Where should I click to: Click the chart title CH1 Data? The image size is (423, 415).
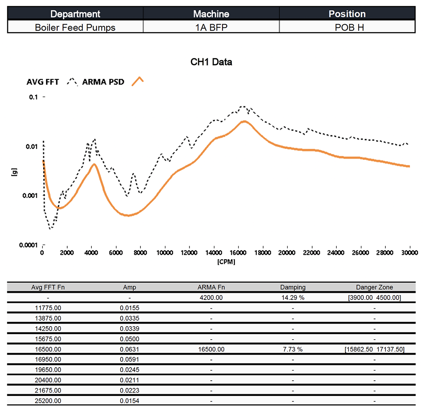click(x=211, y=62)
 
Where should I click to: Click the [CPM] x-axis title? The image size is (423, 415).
click(x=226, y=261)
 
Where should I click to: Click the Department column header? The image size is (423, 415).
click(x=75, y=14)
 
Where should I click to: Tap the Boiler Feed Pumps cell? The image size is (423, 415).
click(x=75, y=28)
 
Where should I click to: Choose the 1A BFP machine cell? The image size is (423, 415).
click(x=211, y=28)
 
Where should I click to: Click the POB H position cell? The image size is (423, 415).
click(x=347, y=28)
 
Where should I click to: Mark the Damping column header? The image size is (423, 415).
click(x=293, y=288)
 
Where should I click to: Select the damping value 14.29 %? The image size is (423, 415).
click(x=293, y=298)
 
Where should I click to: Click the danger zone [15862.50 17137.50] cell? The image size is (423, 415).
click(x=374, y=349)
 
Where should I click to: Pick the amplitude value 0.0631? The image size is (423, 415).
click(x=129, y=349)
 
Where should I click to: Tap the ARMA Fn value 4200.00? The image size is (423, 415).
click(x=211, y=298)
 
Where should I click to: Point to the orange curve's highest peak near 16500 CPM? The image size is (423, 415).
click(x=244, y=121)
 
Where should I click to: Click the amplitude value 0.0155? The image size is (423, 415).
click(x=129, y=308)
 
